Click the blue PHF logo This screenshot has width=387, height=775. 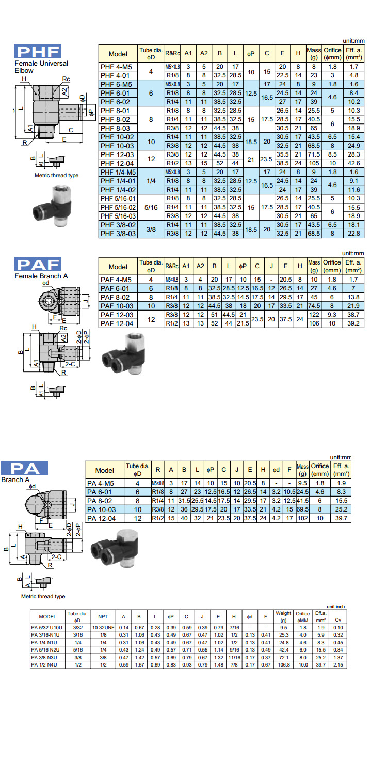(x=38, y=52)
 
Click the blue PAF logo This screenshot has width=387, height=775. (x=38, y=265)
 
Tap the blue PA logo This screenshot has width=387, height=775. (x=25, y=468)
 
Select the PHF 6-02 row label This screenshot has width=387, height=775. (x=116, y=102)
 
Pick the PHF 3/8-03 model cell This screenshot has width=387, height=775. (x=118, y=234)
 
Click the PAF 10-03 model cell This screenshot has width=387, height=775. (x=117, y=306)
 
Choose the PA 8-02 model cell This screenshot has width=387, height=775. (x=100, y=501)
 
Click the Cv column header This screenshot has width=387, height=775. (x=338, y=619)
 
